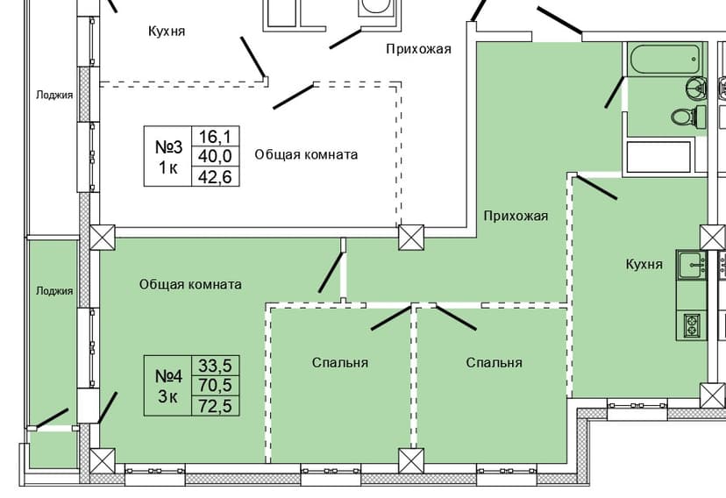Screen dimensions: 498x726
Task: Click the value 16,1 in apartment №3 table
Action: [215, 136]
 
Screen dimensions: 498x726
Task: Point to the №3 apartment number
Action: [167, 146]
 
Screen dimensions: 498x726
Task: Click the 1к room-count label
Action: [167, 168]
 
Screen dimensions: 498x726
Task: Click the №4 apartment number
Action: [168, 376]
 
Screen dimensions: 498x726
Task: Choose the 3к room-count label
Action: [168, 396]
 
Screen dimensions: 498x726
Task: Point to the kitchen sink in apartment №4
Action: [691, 263]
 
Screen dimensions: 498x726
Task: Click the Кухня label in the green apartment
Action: [644, 264]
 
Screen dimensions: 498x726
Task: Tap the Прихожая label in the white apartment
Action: [418, 49]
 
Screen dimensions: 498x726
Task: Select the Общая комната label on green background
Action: [190, 285]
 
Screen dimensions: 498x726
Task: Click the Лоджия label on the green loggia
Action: [54, 291]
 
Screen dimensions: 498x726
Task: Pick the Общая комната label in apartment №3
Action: [306, 154]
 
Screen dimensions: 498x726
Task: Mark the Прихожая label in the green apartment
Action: [516, 216]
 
